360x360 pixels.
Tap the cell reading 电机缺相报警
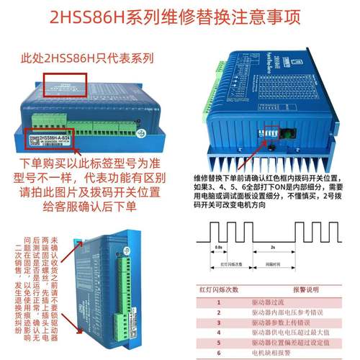click(267, 354)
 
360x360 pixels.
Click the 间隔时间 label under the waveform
click(274, 264)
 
